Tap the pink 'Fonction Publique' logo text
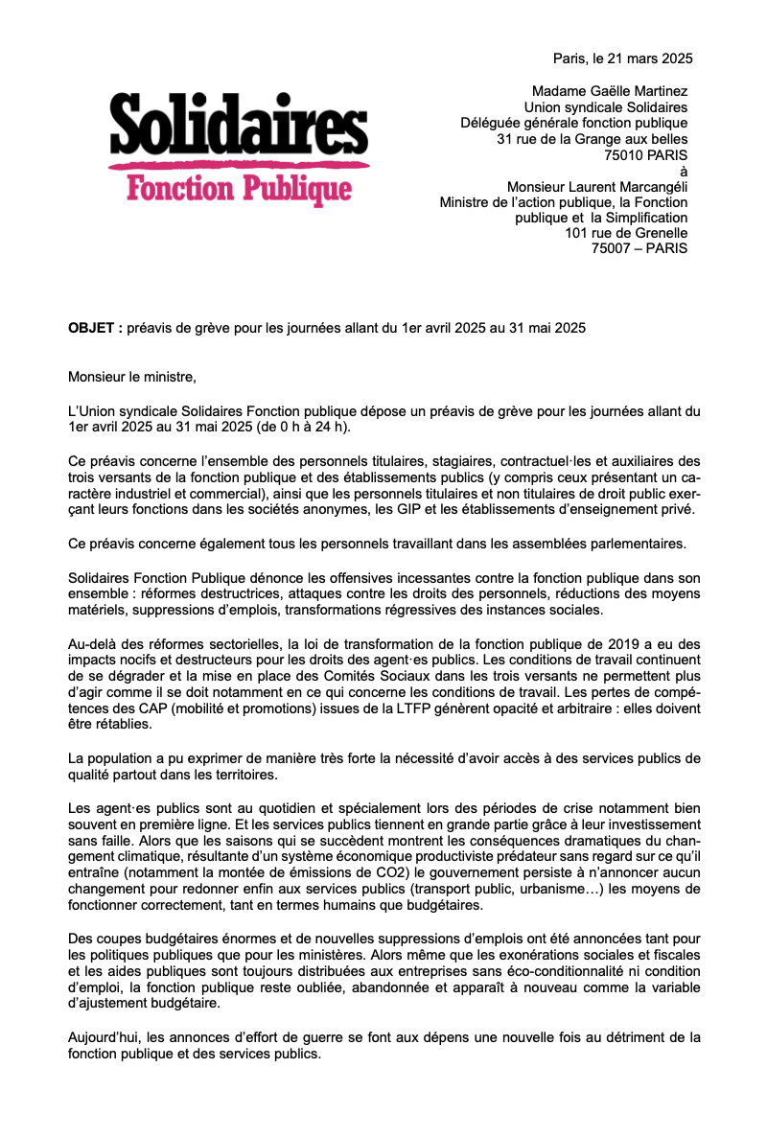point(239,188)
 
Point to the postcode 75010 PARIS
point(645,154)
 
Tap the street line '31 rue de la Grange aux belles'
point(593,139)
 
